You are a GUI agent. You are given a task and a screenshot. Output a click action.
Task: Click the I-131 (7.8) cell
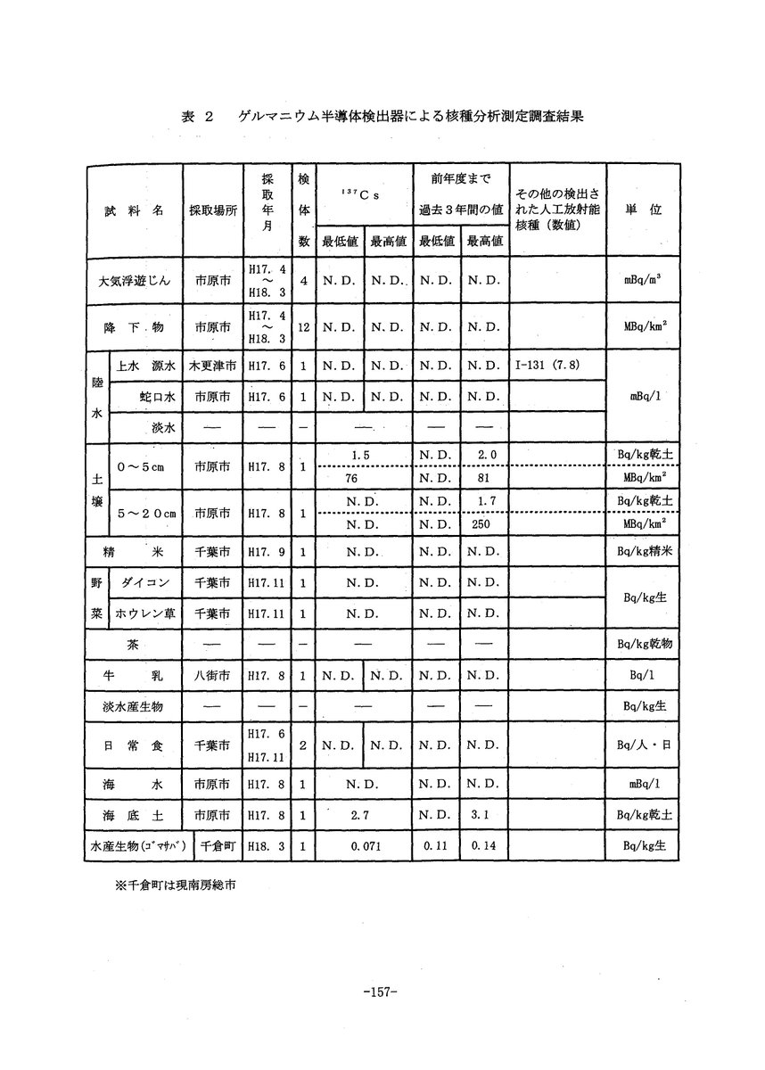pyautogui.click(x=547, y=365)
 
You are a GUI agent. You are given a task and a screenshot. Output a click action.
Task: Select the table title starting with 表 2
pyautogui.click(x=382, y=117)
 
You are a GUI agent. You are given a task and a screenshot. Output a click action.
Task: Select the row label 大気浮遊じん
pyautogui.click(x=135, y=280)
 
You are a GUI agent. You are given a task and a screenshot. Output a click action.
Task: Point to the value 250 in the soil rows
pyautogui.click(x=484, y=526)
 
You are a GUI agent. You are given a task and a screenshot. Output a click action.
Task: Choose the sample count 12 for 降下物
pyautogui.click(x=303, y=327)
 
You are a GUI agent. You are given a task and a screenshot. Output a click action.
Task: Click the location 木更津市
pyautogui.click(x=212, y=365)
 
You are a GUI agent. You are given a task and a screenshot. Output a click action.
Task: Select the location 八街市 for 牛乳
pyautogui.click(x=212, y=677)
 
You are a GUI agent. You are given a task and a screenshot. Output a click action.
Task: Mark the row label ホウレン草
pyautogui.click(x=144, y=613)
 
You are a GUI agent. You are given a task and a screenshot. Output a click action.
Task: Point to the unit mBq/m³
pyautogui.click(x=642, y=280)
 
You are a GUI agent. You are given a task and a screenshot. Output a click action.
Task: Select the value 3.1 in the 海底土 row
pyautogui.click(x=484, y=815)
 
